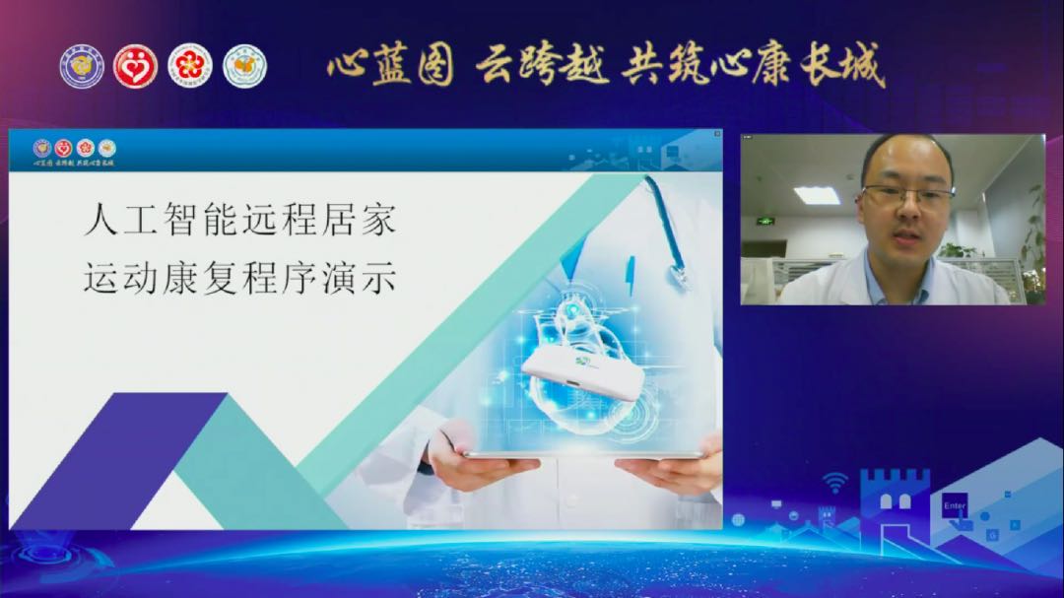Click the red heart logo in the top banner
[x=135, y=66]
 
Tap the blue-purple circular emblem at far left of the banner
[x=82, y=66]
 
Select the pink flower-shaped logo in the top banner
[x=189, y=66]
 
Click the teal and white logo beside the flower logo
[x=244, y=66]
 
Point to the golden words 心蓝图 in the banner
[x=390, y=65]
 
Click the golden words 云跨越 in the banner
[x=542, y=65]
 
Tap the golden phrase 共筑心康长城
[x=754, y=65]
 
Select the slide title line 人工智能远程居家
[x=240, y=221]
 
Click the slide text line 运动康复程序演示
[x=240, y=279]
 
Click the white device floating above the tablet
[x=582, y=373]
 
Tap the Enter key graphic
[x=955, y=506]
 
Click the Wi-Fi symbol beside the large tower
[x=835, y=482]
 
